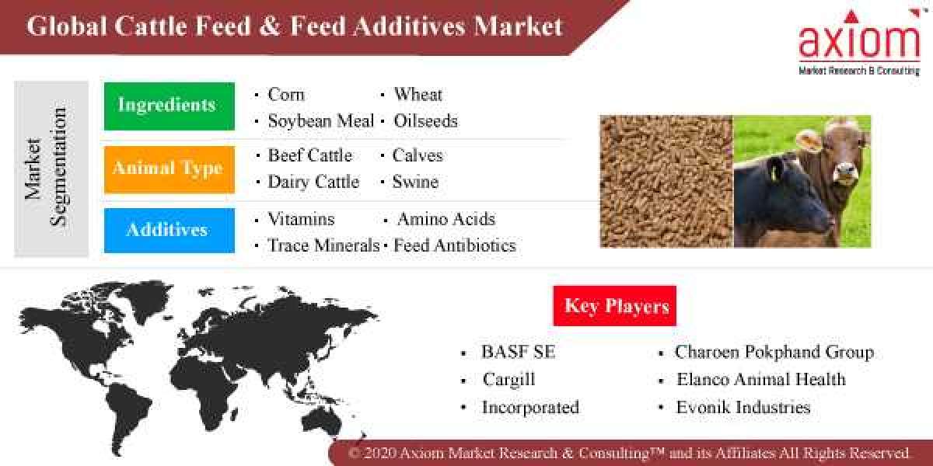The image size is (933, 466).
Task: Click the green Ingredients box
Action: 169,106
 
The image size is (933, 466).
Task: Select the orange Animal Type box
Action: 169,169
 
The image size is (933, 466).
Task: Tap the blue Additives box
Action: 169,230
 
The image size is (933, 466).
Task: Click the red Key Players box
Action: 615,305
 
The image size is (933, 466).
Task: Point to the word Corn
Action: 286,95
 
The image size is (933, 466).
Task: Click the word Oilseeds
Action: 425,121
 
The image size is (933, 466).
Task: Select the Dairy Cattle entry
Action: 313,182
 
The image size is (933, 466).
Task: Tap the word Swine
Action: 415,182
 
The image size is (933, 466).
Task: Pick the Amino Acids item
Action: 446,219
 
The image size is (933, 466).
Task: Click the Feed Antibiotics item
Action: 454,245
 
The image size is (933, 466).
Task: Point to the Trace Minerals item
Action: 323,245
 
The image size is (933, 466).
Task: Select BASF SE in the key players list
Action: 518,352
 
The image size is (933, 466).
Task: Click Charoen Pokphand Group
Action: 774,352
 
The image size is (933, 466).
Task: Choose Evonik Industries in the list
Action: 743,407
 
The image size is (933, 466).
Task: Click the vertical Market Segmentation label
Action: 45,169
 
